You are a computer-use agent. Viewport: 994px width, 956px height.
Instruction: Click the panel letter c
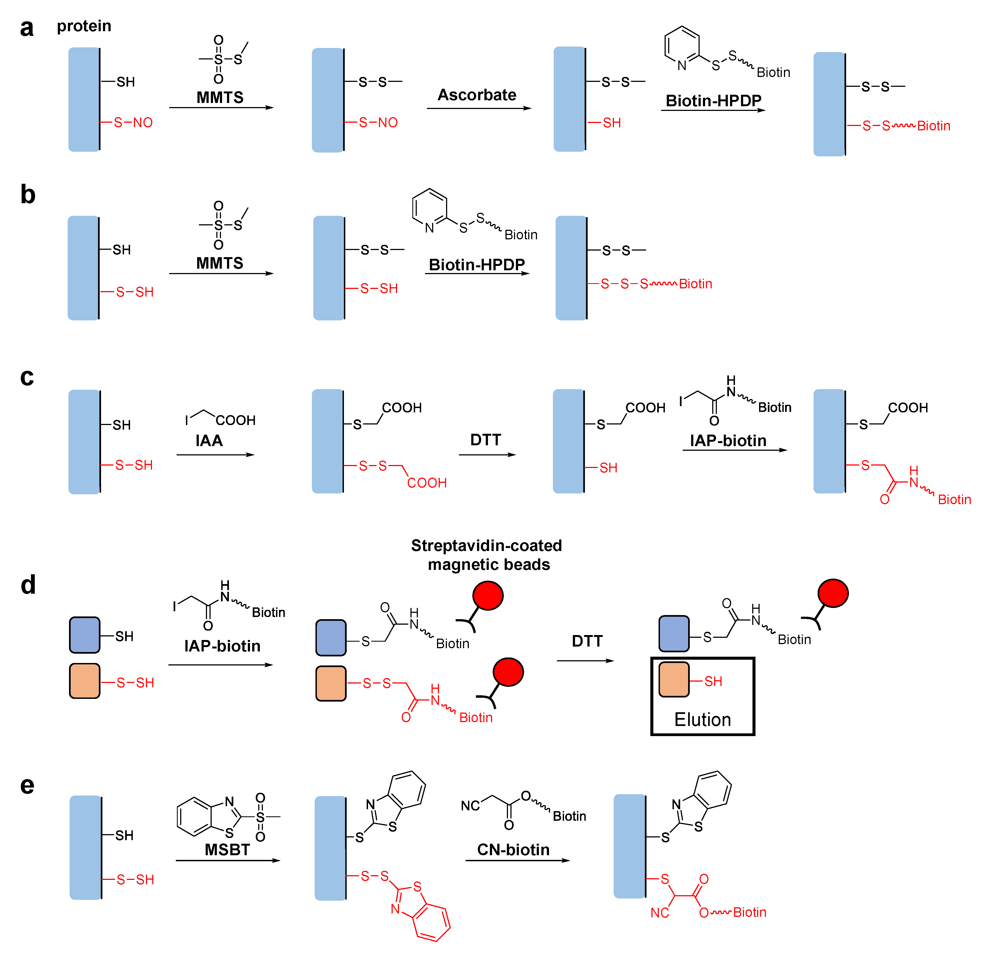pos(27,377)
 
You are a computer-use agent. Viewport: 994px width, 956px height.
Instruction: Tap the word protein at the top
pos(84,26)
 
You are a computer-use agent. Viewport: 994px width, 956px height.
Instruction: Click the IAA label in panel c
pos(209,440)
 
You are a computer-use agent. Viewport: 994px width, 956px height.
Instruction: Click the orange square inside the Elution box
pos(674,679)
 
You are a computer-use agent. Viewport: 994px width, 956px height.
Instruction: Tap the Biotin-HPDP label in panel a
pos(713,101)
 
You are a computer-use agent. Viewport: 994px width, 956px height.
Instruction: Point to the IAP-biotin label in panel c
pos(728,440)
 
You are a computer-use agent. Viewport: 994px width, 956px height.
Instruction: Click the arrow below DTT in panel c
pos(487,454)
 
